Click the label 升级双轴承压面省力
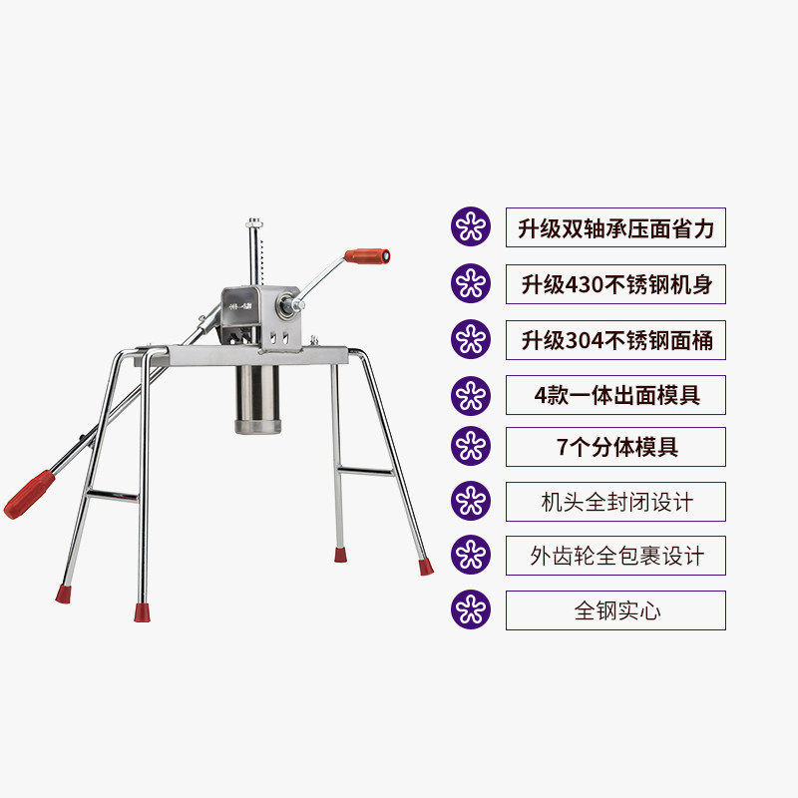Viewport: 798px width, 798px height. [x=615, y=227]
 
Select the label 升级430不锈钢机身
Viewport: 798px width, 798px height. [x=615, y=284]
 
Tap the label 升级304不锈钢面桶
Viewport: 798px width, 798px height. [x=615, y=341]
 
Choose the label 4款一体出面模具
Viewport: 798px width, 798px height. [x=615, y=395]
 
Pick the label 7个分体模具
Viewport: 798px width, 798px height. [x=615, y=447]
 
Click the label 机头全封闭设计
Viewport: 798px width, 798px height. [x=615, y=502]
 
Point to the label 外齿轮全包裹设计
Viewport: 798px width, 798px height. [x=615, y=556]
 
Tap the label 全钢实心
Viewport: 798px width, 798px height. [x=615, y=610]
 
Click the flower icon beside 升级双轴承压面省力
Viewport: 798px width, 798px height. [x=471, y=227]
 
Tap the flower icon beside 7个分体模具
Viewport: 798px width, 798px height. [x=471, y=447]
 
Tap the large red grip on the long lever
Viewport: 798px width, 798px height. [x=30, y=493]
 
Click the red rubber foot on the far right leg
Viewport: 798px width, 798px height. [x=425, y=567]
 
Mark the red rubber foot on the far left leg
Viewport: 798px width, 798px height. [x=63, y=595]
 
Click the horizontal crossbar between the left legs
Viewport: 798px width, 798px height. [x=111, y=494]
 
